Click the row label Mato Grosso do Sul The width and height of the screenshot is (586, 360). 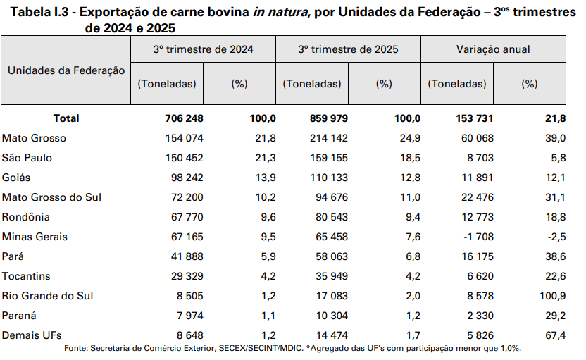tap(52, 197)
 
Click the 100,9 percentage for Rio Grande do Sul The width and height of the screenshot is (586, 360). tap(552, 296)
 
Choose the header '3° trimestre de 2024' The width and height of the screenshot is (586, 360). tap(203, 50)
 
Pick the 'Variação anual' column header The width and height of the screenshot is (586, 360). tap(493, 50)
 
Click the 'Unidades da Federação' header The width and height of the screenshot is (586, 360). tap(66, 70)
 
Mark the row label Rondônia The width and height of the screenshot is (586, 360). tap(26, 217)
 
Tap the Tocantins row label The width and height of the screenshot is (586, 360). tap(27, 276)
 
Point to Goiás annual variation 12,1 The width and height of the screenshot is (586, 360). tap(555, 178)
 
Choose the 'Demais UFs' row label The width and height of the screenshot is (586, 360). tap(30, 335)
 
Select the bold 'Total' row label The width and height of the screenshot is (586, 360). tap(66, 118)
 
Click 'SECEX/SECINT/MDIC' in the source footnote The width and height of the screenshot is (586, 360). tap(260, 349)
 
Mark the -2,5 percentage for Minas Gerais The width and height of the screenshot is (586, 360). tap(555, 237)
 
